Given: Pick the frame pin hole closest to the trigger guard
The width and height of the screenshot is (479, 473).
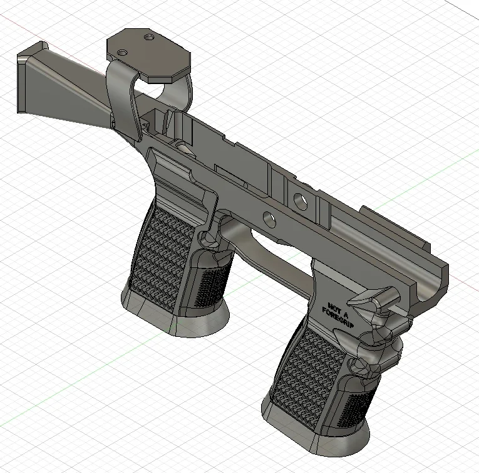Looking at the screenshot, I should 270,219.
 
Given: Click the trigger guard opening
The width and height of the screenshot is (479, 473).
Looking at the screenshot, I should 276,248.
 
